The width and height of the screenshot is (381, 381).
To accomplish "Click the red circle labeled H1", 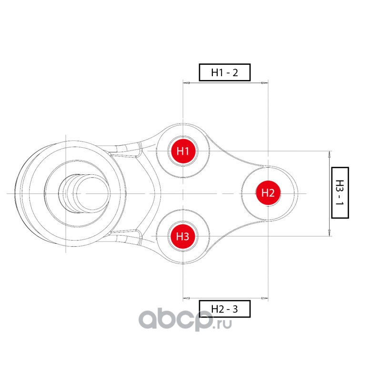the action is click(183, 151).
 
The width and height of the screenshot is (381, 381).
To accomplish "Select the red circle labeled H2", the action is click(268, 193).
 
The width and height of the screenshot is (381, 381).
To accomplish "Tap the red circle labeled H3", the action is click(183, 236).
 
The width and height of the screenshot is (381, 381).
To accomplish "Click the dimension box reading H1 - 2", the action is click(224, 72).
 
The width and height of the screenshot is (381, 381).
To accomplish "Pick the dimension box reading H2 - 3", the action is click(224, 309).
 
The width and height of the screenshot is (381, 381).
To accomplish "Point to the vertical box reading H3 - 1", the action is click(339, 192).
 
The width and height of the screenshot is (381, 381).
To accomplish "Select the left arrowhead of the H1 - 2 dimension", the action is click(186, 83).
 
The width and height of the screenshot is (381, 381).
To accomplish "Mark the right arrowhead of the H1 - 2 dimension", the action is click(265, 83).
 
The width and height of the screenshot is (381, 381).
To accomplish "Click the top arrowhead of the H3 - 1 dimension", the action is click(330, 154).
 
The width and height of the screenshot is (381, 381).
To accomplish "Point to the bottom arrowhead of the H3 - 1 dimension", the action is click(330, 233).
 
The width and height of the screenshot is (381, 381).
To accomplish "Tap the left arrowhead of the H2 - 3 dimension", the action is click(186, 299).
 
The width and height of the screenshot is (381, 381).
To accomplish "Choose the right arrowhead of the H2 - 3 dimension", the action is click(265, 299).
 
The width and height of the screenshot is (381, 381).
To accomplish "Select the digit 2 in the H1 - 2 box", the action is click(234, 72).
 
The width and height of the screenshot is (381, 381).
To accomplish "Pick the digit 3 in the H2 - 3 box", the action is click(234, 309).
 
